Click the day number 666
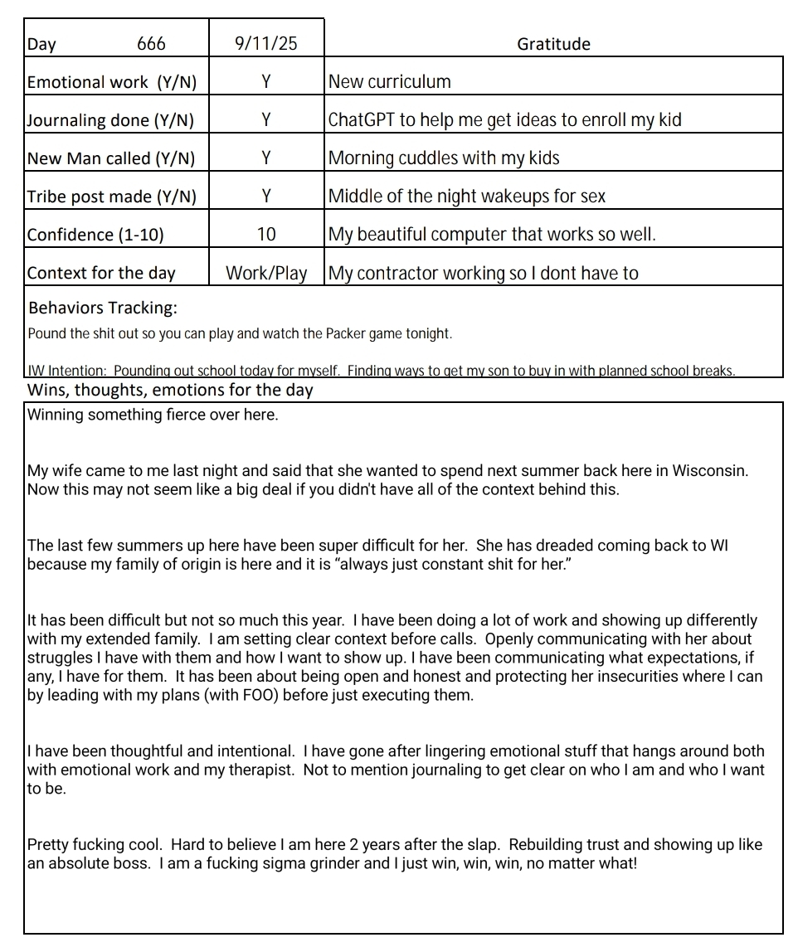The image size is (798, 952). [x=151, y=44]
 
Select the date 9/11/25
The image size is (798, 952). [x=265, y=44]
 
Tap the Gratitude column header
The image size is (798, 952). [x=553, y=44]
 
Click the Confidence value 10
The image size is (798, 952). [x=265, y=235]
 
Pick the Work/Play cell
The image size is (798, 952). [x=265, y=273]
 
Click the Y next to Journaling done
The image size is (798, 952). [x=265, y=120]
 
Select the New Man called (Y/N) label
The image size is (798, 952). [x=111, y=158]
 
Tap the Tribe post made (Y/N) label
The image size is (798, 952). [x=112, y=197]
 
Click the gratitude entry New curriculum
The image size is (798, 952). [x=390, y=82]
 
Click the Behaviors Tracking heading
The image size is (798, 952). [x=103, y=308]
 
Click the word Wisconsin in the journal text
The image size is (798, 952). [x=709, y=471]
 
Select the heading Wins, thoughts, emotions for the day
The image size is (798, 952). [x=170, y=390]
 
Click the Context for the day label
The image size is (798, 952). [x=101, y=273]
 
